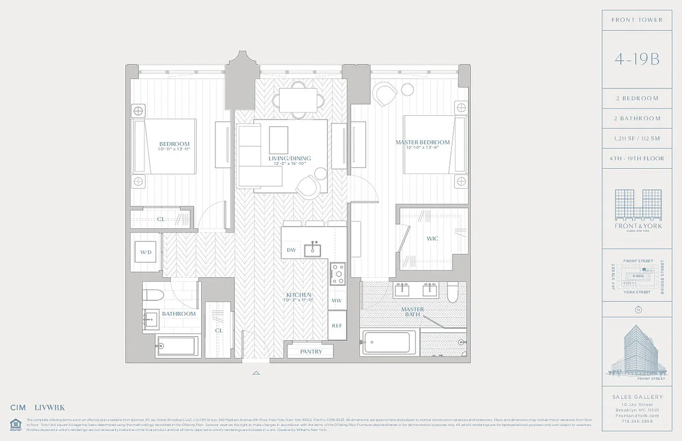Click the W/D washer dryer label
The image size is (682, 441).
pyautogui.click(x=146, y=252)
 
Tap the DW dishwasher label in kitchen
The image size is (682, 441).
pyautogui.click(x=291, y=250)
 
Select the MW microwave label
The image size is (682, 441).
pyautogui.click(x=336, y=301)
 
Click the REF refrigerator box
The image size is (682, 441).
pyautogui.click(x=337, y=326)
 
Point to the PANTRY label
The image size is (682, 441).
pyautogui.click(x=311, y=352)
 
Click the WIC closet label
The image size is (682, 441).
pyautogui.click(x=432, y=239)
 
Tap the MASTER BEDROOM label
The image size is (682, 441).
pyautogui.click(x=422, y=143)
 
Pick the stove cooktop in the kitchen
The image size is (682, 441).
pyautogui.click(x=337, y=273)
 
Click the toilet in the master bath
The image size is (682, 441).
pyautogui.click(x=453, y=292)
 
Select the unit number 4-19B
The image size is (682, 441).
pyautogui.click(x=637, y=59)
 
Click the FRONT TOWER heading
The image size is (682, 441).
pyautogui.click(x=637, y=20)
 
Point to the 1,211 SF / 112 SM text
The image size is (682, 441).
pyautogui.click(x=637, y=138)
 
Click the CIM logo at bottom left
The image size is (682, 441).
pyautogui.click(x=18, y=408)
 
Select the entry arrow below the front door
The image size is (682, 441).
pyautogui.click(x=256, y=373)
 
